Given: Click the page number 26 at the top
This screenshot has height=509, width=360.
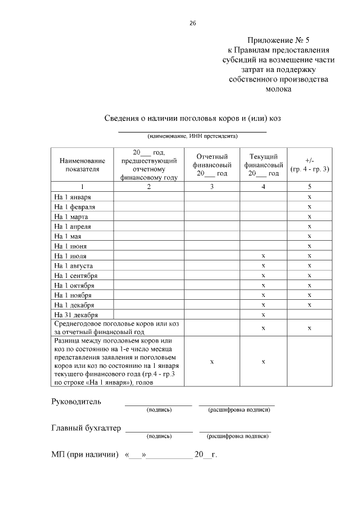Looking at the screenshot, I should (x=192, y=23).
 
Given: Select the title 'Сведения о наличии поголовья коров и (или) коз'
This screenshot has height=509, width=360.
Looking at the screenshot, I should (x=192, y=118).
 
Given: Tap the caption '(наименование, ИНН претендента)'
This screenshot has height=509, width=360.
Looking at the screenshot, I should (x=192, y=136).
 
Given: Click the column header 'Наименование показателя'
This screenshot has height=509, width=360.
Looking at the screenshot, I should (x=82, y=164).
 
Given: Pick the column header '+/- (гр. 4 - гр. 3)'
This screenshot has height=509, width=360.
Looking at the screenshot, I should (x=309, y=164).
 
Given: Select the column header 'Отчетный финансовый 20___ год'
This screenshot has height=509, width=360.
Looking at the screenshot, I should (x=212, y=164).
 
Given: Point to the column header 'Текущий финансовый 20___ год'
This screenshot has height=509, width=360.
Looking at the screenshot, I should (x=263, y=164).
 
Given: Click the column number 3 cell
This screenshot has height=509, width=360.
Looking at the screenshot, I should (x=212, y=186).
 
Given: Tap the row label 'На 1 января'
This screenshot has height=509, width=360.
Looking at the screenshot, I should (x=73, y=197).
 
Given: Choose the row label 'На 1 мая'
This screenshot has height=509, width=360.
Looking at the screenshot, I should (x=68, y=236).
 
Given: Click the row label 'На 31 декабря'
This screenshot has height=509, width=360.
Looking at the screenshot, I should (x=76, y=314).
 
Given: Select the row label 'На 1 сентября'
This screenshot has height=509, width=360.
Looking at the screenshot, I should (x=76, y=276).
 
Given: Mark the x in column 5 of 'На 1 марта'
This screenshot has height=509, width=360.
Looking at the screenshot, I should (x=309, y=217).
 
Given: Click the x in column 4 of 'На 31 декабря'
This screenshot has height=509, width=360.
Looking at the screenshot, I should (x=263, y=314).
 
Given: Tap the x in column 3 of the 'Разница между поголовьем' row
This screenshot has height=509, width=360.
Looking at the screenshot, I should (x=212, y=362).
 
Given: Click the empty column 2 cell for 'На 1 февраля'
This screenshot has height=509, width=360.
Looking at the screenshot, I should (x=149, y=206).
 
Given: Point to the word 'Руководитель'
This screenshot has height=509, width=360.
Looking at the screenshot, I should (x=76, y=402).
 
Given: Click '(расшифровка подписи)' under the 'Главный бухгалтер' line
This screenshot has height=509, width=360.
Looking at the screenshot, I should (x=236, y=436).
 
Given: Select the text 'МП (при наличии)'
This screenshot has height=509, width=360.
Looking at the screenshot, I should (x=84, y=454).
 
